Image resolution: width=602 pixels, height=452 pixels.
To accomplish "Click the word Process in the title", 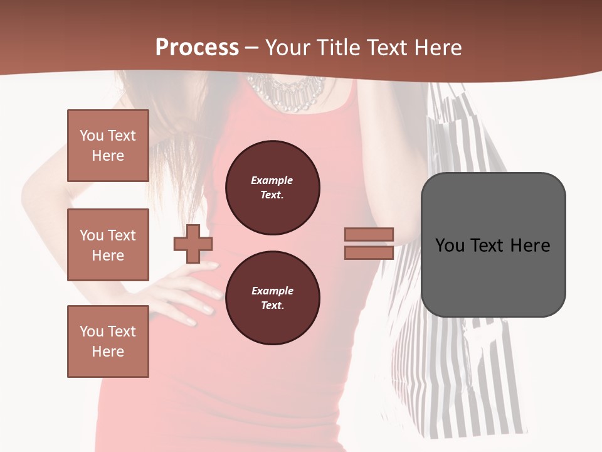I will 197,48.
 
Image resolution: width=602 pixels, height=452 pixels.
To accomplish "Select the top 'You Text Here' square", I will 108,146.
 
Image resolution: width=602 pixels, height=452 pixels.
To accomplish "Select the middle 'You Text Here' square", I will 108,245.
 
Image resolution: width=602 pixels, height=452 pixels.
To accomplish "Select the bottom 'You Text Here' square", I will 108,341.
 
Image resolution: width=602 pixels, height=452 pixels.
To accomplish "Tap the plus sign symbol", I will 193,244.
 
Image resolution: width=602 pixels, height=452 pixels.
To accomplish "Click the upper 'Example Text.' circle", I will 272,188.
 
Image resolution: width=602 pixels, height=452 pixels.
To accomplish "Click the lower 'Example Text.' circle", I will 272,298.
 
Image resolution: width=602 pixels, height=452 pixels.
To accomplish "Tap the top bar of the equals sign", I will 369,235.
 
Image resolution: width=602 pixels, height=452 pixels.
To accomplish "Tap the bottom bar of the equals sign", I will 369,252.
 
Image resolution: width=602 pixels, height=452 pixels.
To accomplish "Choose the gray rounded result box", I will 493,245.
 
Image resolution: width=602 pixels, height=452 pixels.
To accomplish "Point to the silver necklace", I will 285,91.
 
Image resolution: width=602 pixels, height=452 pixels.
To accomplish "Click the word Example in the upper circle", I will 272,180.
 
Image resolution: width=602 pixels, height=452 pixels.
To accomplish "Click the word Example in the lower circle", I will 272,291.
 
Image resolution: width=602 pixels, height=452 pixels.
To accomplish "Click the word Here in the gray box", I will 530,245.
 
